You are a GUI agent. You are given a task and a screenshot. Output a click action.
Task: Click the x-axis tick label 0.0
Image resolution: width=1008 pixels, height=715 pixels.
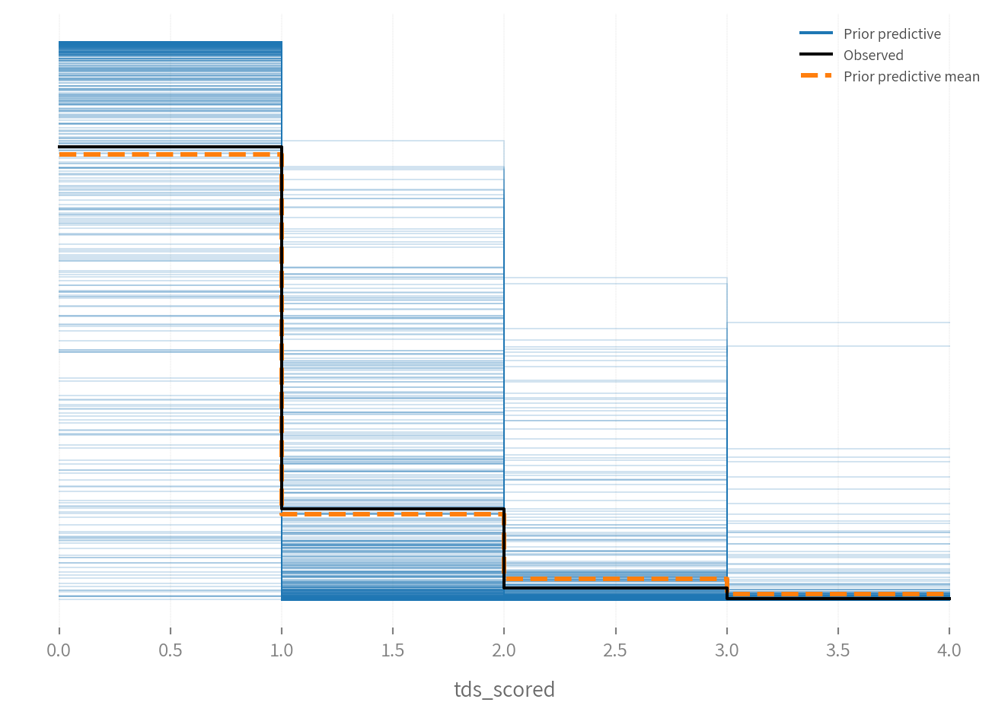coord(59,650)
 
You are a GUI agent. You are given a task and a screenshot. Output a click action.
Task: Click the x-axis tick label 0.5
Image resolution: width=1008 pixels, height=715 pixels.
coord(170,650)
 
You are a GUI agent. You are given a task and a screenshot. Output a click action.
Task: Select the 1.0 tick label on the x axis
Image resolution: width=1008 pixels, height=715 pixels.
coord(282,650)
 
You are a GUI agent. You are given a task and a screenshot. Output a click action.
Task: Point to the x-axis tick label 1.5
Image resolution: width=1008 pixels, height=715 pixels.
coord(393,650)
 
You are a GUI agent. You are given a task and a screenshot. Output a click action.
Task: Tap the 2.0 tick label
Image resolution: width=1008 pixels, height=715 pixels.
coord(504,650)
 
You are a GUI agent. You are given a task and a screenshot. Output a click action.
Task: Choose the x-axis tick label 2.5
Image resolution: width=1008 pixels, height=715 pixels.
coord(615,650)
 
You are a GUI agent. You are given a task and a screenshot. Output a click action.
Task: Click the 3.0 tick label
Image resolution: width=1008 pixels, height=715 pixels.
coord(727,650)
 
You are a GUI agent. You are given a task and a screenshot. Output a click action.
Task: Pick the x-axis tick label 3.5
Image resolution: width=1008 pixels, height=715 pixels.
coord(838,650)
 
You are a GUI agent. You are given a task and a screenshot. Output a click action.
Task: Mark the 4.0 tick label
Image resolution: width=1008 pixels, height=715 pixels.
coord(949,650)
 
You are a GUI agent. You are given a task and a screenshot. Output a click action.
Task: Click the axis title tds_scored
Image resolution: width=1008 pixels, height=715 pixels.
coord(504,690)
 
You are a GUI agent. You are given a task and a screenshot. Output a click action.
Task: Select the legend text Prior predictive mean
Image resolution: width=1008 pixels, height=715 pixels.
coord(911,77)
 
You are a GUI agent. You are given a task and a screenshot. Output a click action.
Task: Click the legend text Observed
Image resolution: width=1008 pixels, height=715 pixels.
coord(873,56)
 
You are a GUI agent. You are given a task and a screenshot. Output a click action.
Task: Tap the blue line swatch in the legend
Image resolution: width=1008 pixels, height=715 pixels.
coord(816,33)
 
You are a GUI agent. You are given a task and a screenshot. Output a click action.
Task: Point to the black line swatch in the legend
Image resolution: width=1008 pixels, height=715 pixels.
coord(816,55)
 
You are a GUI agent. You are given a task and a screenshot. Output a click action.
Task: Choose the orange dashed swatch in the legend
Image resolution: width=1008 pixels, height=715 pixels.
coord(816,76)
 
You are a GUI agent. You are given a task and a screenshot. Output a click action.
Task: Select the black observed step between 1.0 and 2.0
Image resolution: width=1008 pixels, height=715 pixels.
coord(393,509)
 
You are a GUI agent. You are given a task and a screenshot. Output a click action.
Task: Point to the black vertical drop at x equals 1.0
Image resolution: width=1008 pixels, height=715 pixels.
coord(282,327)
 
